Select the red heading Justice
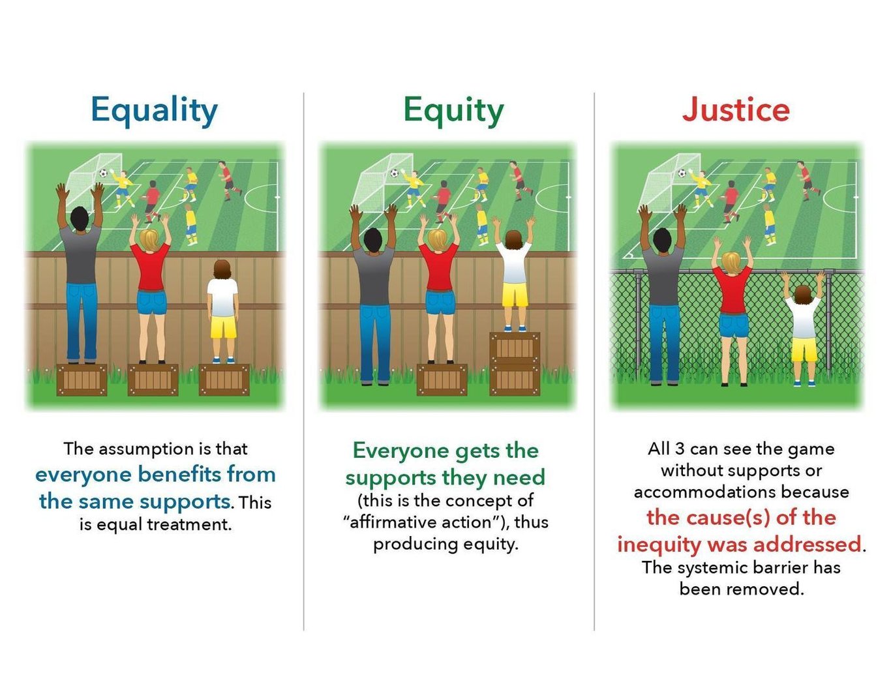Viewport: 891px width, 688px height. (736, 110)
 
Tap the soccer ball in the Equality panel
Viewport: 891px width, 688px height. (103, 173)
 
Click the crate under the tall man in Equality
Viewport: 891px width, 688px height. (82, 380)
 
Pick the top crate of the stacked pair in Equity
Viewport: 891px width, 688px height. (515, 348)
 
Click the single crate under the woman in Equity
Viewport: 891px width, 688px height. (442, 380)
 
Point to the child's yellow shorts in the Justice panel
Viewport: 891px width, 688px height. (804, 349)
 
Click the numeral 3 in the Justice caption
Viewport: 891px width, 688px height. (680, 449)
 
